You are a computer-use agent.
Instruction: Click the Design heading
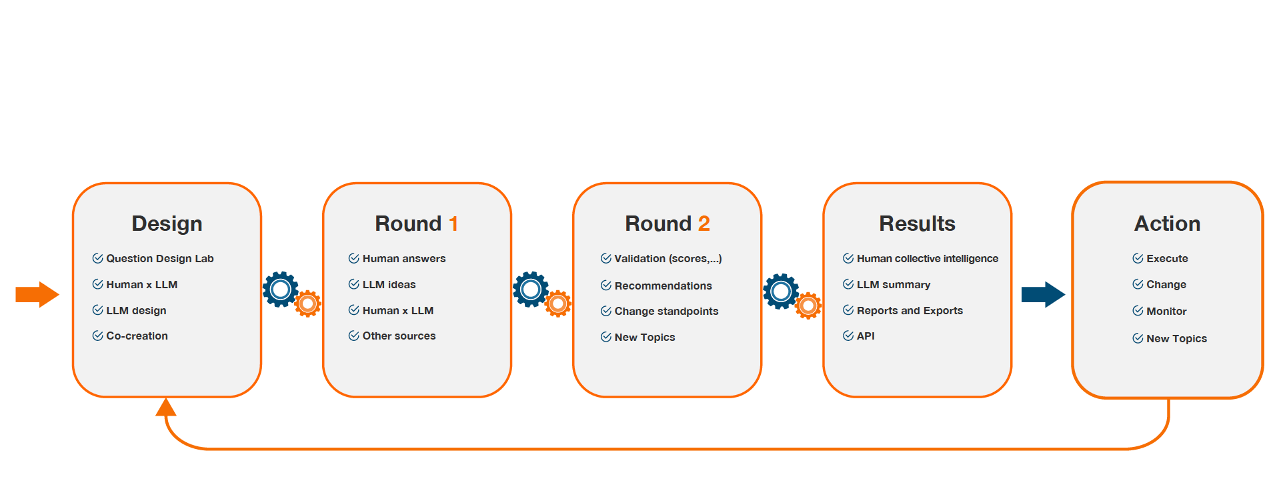pos(167,224)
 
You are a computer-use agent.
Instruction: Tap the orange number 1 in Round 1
pos(453,223)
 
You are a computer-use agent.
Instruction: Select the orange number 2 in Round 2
pos(704,223)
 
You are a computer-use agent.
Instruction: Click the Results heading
pos(917,223)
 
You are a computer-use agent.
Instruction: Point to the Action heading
pos(1167,223)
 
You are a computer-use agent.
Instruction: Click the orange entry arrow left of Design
pos(37,294)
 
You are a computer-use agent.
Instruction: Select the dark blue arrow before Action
pos(1043,294)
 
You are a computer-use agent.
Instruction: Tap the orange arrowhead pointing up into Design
pos(166,406)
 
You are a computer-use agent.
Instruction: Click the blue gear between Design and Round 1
pos(281,289)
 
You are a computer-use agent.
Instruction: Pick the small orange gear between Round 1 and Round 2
pos(558,304)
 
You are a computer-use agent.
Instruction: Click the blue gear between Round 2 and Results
pos(781,291)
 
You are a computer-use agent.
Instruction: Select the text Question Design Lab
pos(160,258)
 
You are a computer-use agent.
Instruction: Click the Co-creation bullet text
pos(137,336)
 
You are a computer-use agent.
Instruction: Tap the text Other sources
pos(399,336)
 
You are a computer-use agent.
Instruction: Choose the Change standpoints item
pos(666,311)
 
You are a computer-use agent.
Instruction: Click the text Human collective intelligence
pos(928,258)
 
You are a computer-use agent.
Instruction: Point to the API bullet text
pos(866,336)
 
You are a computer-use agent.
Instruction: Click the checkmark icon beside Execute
pos(1138,258)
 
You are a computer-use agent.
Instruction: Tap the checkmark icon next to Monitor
pos(1138,311)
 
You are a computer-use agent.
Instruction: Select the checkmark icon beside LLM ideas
pos(354,284)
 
